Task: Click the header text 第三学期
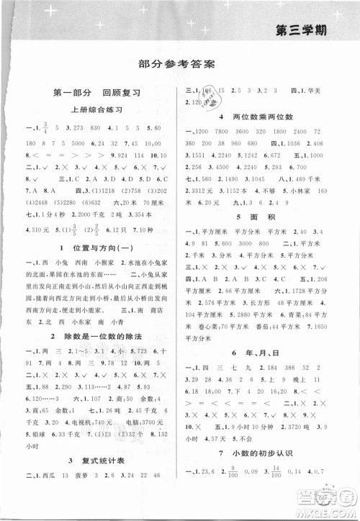(x=316, y=30)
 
